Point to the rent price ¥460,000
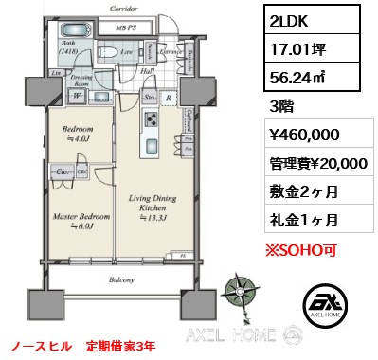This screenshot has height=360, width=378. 300,135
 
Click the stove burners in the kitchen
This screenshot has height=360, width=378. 150,118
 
